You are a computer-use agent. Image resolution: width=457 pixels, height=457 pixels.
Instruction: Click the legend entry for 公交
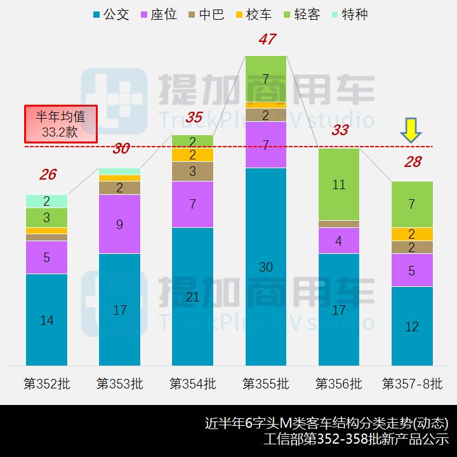(110, 14)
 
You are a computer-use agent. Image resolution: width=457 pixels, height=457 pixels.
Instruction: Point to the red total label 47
(267, 39)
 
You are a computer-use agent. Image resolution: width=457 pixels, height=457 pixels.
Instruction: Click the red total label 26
(47, 175)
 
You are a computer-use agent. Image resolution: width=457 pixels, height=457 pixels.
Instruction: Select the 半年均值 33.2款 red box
(60, 124)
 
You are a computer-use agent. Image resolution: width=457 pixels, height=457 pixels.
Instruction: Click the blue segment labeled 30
(266, 267)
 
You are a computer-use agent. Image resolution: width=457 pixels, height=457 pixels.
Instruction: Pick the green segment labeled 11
(339, 185)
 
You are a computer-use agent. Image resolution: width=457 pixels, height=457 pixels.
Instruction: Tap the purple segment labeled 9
(120, 224)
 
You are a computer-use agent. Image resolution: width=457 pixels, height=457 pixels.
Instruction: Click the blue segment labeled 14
(47, 320)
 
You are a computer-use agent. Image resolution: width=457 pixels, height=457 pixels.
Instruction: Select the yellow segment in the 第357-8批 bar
(412, 234)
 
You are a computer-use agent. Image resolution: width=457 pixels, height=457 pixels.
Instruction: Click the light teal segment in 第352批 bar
(47, 201)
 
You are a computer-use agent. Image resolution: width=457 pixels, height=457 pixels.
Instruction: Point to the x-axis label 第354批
(193, 384)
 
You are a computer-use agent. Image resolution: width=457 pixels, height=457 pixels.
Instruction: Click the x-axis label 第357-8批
(412, 384)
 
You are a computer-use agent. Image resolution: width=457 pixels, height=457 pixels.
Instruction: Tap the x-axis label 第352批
(47, 384)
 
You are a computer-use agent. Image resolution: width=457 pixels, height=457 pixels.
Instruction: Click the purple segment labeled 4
(339, 241)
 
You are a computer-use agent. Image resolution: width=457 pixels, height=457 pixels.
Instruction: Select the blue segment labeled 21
(193, 296)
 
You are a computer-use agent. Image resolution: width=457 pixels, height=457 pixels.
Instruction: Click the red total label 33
(340, 131)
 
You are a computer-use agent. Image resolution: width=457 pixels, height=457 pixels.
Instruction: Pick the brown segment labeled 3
(193, 171)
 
